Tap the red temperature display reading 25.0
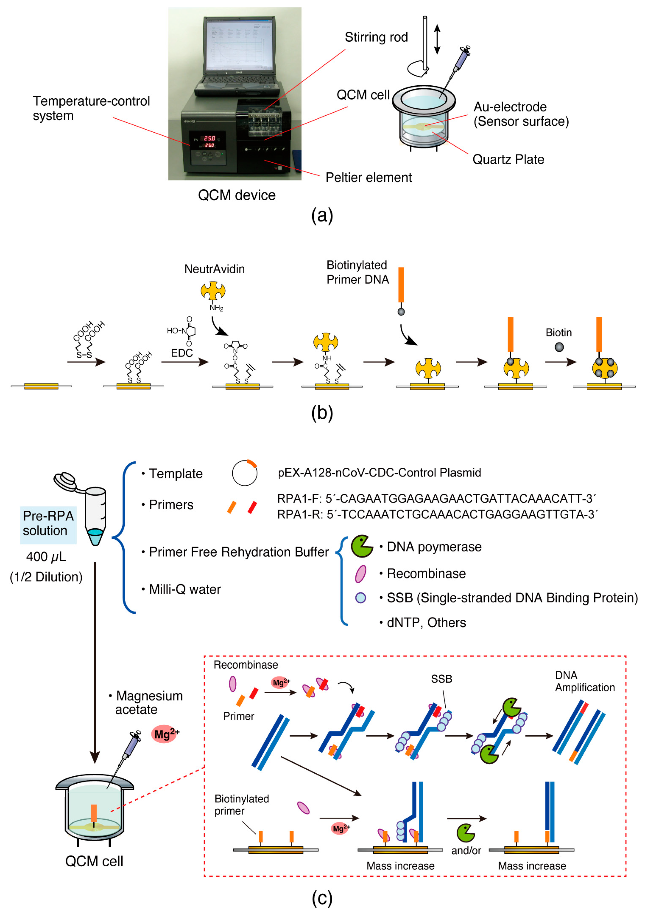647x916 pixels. (x=209, y=138)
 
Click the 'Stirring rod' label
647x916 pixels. (x=376, y=37)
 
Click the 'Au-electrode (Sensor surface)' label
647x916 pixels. (x=521, y=114)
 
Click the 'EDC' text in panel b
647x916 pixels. (x=182, y=353)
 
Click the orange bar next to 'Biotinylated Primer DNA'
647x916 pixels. (x=401, y=285)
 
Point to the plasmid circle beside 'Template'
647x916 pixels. (x=245, y=473)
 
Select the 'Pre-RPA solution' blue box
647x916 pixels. (x=48, y=523)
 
